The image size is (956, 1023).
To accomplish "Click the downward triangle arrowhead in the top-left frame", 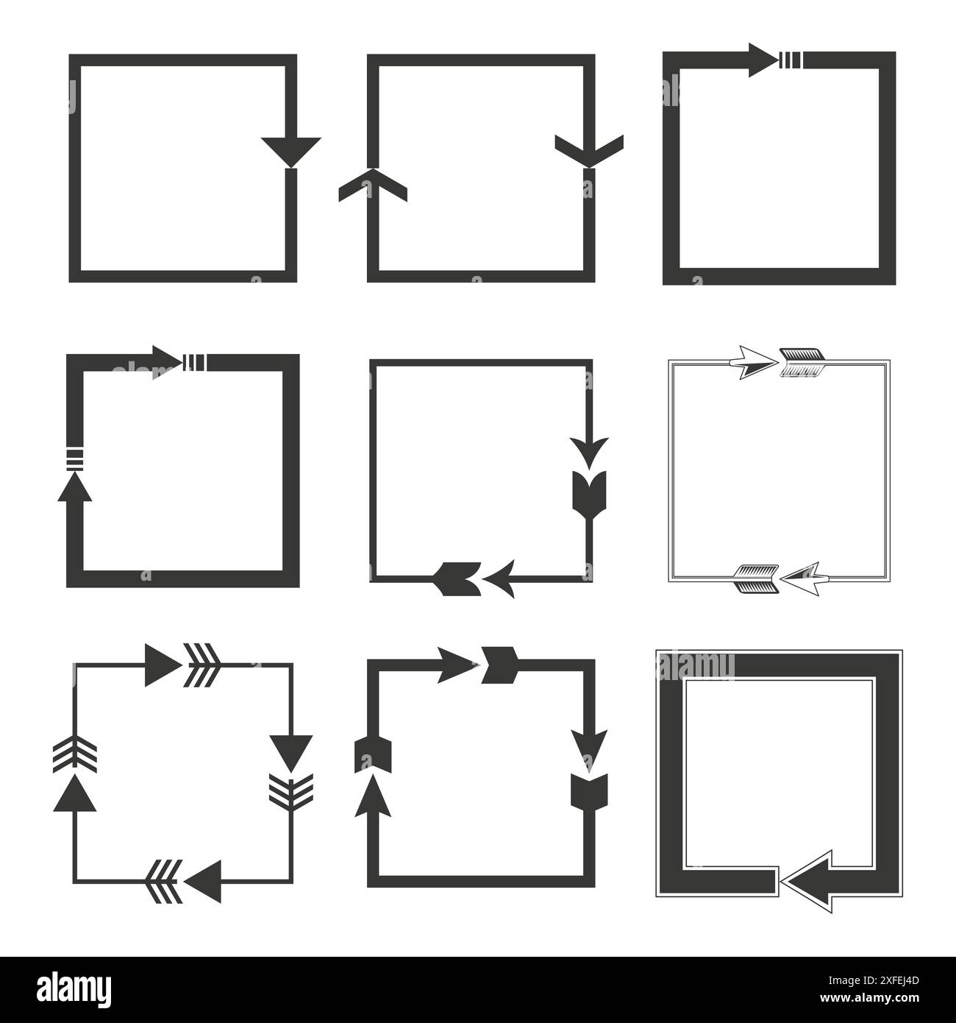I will [290, 149].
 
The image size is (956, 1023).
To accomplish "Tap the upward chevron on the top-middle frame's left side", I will [373, 185].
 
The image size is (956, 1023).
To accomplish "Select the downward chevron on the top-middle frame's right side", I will [588, 149].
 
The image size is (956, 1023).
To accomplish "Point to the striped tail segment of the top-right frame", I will [790, 60].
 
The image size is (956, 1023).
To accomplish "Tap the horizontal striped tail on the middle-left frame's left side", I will [74, 459].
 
